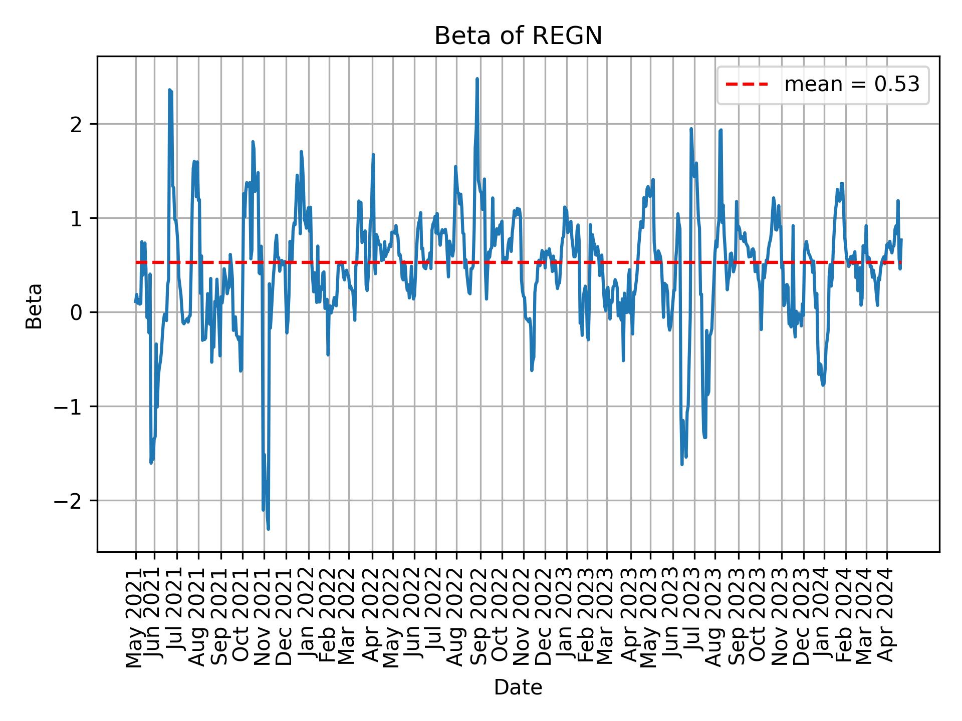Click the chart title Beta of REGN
click(518, 36)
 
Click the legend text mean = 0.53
click(852, 85)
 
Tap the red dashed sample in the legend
click(747, 85)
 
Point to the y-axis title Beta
click(34, 306)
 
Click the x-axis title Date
click(518, 687)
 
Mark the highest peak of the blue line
click(477, 79)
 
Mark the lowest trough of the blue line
click(268, 529)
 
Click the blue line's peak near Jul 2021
click(170, 90)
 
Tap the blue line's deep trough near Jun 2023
click(682, 464)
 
